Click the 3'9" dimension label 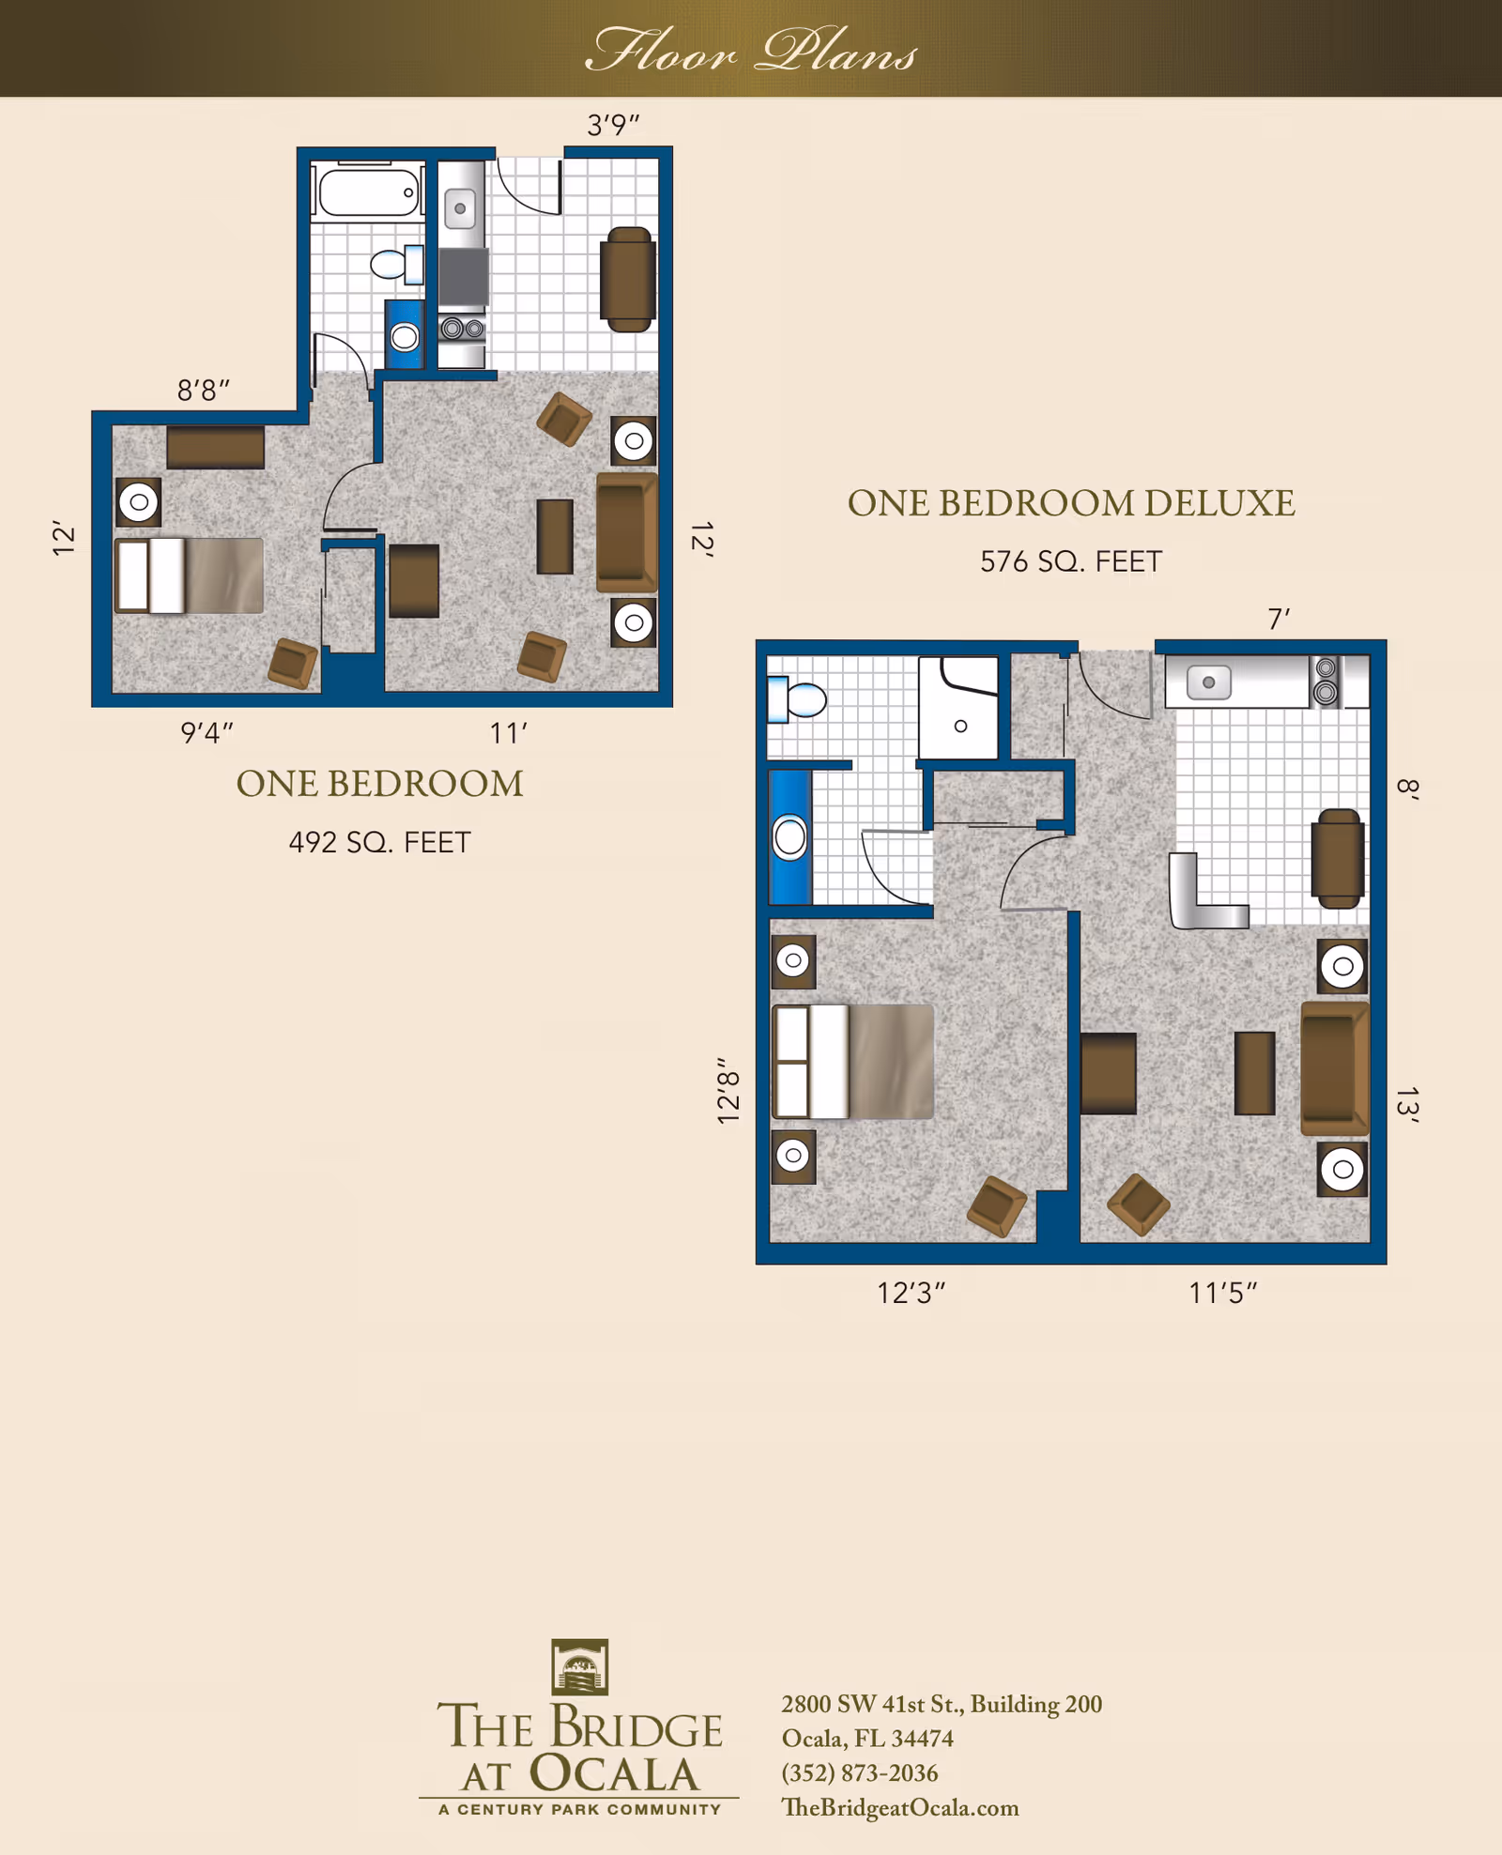point(613,125)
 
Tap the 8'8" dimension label point(204,390)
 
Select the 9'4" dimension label point(207,732)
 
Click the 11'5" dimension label point(1222,1294)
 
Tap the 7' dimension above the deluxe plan point(1279,620)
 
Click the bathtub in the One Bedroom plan point(368,192)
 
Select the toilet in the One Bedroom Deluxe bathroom point(798,698)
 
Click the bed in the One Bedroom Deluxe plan point(852,1062)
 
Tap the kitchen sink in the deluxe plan point(1209,682)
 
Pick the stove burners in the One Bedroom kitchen point(463,329)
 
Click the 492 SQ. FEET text point(379,842)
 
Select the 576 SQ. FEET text point(1070,561)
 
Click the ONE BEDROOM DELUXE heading point(1070,504)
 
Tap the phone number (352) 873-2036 point(859,1772)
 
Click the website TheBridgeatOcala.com point(899,1807)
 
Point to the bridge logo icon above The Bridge point(579,1666)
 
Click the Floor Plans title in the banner point(751,51)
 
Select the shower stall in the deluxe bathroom point(958,709)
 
